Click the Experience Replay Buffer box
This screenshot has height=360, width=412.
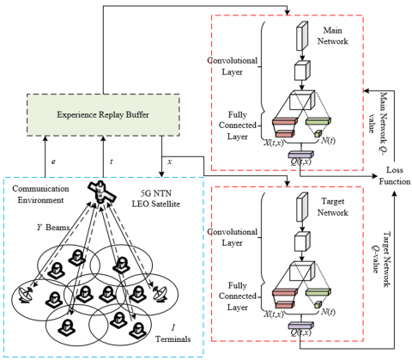coord(103,115)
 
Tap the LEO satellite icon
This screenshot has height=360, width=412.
coord(101,192)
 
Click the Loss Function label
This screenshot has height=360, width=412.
coord(395,175)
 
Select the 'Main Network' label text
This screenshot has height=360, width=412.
coord(333,35)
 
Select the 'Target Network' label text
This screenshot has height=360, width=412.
coord(333,207)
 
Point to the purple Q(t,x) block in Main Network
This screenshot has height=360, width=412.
coord(301,155)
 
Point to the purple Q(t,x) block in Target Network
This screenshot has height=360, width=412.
coord(301,326)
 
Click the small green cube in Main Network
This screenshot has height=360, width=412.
coord(318,133)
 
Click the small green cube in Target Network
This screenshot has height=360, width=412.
coord(318,304)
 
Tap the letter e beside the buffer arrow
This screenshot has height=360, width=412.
coord(53,162)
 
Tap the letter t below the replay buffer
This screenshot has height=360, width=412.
coord(112,162)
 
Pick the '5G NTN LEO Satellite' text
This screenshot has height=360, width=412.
coord(156,198)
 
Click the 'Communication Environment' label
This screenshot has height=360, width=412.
coord(40,194)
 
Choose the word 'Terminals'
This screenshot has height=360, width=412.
coord(173,339)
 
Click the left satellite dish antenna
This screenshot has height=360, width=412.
coord(26,294)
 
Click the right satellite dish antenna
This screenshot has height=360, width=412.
coord(160,293)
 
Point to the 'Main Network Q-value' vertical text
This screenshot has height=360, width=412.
coord(379,119)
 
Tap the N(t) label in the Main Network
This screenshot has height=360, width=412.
coord(328,141)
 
